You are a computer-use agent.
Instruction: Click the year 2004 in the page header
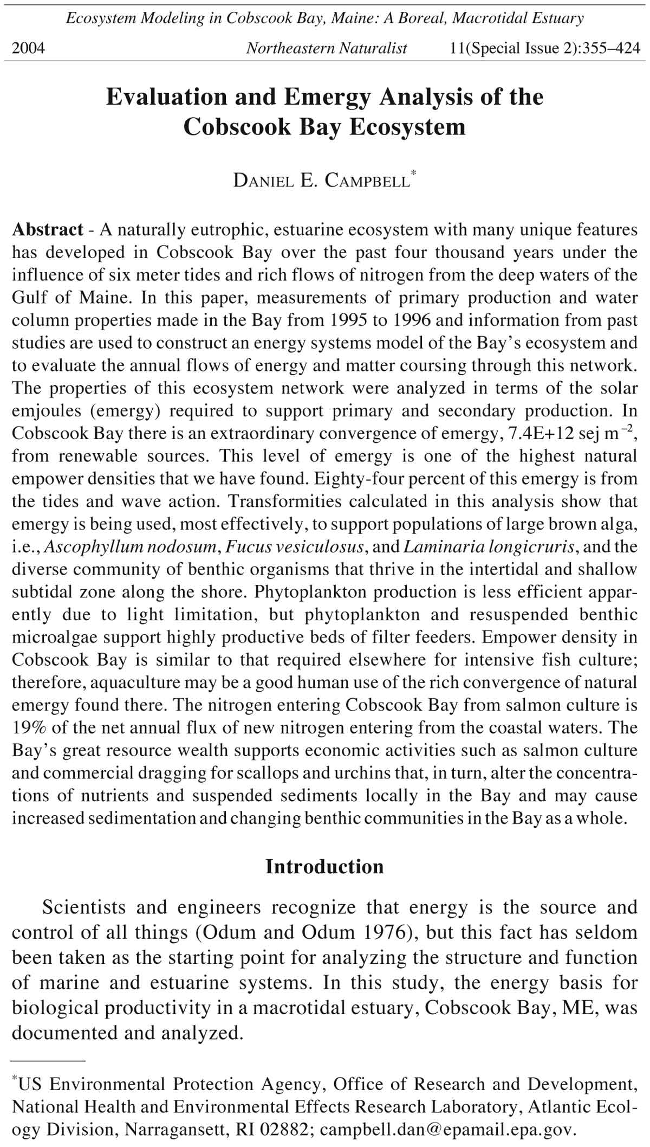tap(28, 49)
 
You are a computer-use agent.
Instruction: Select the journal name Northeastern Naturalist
tap(326, 49)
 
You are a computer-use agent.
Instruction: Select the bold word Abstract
tap(48, 230)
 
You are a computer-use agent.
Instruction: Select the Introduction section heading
tap(324, 867)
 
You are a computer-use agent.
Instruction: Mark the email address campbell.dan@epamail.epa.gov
tap(447, 1130)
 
